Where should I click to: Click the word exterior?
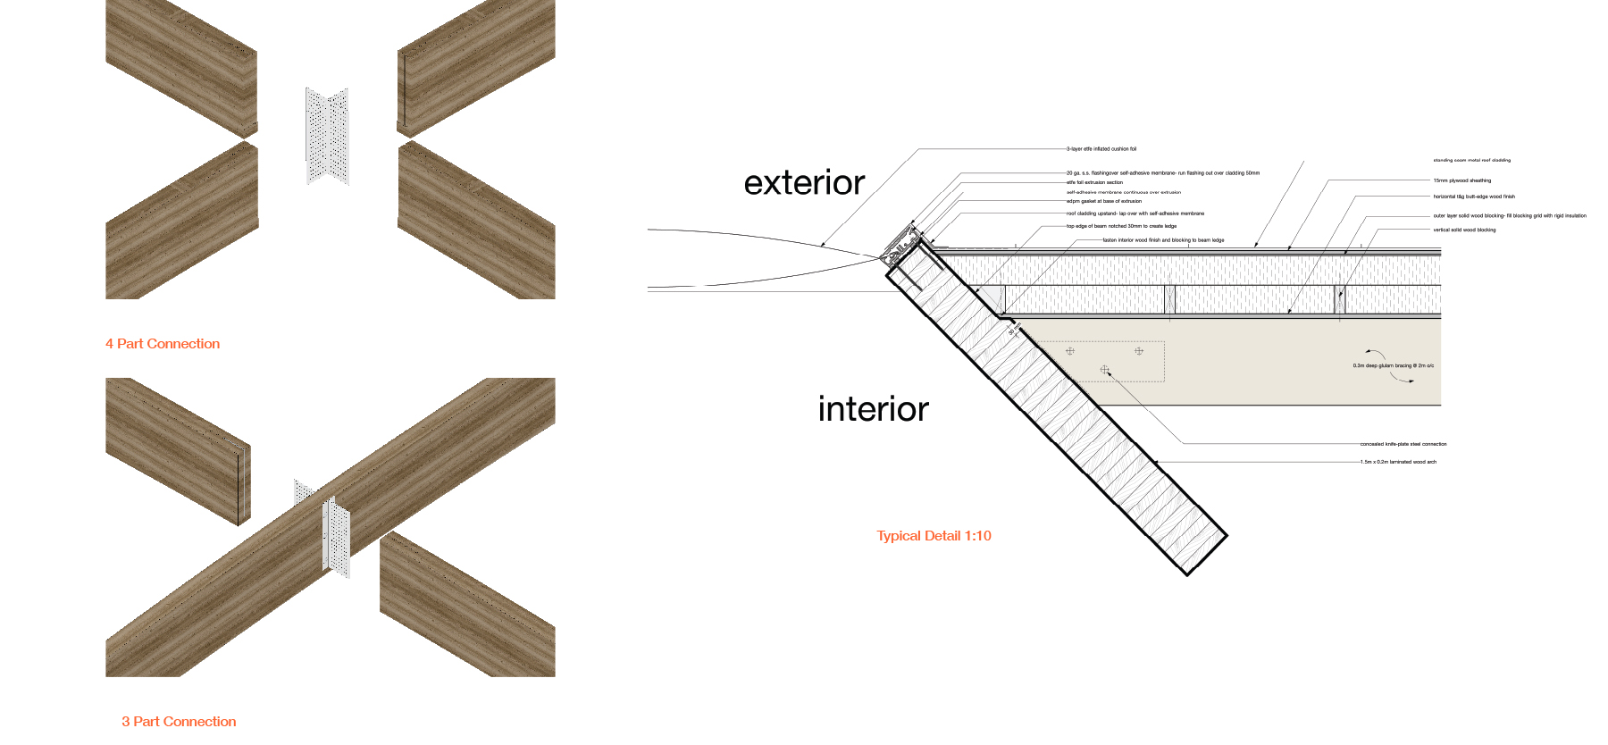(804, 183)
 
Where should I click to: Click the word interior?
(873, 409)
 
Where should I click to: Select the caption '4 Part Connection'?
(163, 344)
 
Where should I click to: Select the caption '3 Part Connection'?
(179, 722)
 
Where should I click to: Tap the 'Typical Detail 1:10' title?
(934, 536)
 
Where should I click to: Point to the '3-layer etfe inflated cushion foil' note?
(1101, 149)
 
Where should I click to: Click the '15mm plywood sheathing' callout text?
(1462, 180)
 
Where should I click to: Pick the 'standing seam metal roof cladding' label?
(1471, 161)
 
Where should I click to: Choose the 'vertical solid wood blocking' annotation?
(1464, 230)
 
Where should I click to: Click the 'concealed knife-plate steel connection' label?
(1403, 444)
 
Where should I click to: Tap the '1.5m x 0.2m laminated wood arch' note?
(1398, 462)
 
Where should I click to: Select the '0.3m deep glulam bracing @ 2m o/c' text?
(1393, 365)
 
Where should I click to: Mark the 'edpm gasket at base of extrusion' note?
(1104, 201)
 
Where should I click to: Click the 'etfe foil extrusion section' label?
(1094, 182)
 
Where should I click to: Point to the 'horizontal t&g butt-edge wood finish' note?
(1474, 197)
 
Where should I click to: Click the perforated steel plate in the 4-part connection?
(327, 136)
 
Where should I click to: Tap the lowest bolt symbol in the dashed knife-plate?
(1105, 370)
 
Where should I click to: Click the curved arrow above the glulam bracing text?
(1375, 354)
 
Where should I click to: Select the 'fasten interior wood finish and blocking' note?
(1163, 240)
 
